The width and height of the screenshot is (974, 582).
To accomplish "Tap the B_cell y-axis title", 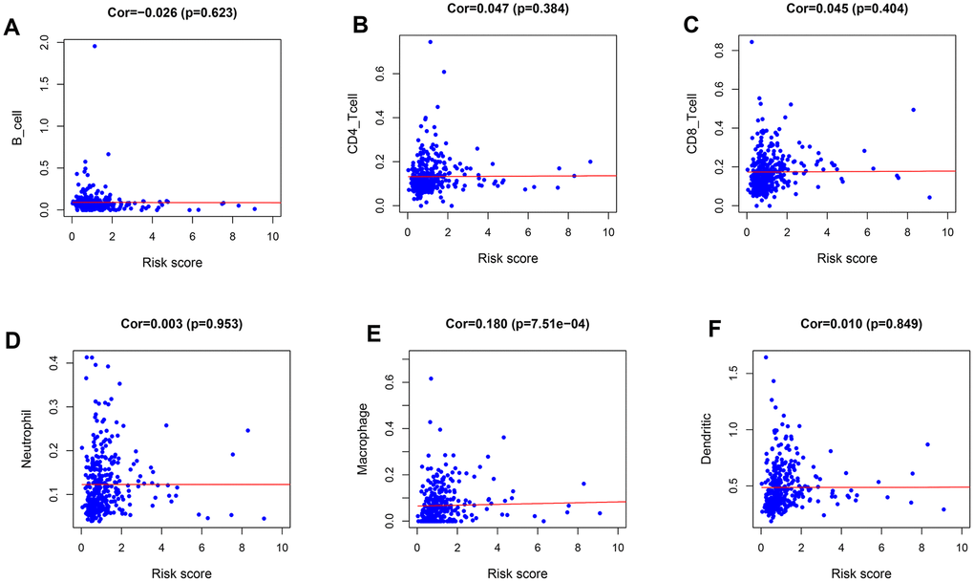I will [17, 125].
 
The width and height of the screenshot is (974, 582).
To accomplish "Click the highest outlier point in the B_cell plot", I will [95, 46].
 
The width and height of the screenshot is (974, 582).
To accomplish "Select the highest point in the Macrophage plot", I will [431, 379].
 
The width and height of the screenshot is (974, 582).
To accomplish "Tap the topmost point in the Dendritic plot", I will [766, 357].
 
